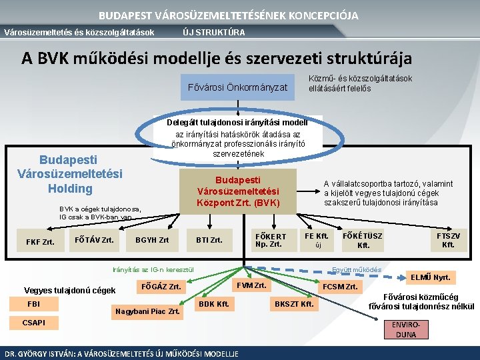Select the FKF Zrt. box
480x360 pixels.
[x=40, y=241]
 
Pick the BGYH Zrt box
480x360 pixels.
[x=152, y=240]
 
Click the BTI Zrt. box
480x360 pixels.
[x=209, y=240]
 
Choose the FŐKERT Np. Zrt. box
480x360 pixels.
[x=271, y=240]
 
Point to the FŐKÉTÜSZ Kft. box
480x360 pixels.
[x=363, y=241]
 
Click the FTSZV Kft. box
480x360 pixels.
[x=448, y=240]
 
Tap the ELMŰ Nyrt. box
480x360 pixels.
[x=431, y=277]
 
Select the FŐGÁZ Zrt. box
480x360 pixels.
[x=160, y=287]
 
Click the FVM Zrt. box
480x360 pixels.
[x=251, y=285]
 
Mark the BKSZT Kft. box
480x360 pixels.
[x=294, y=304]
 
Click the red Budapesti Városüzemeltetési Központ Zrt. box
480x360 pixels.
[x=238, y=191]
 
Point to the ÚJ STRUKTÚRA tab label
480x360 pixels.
[x=213, y=32]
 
